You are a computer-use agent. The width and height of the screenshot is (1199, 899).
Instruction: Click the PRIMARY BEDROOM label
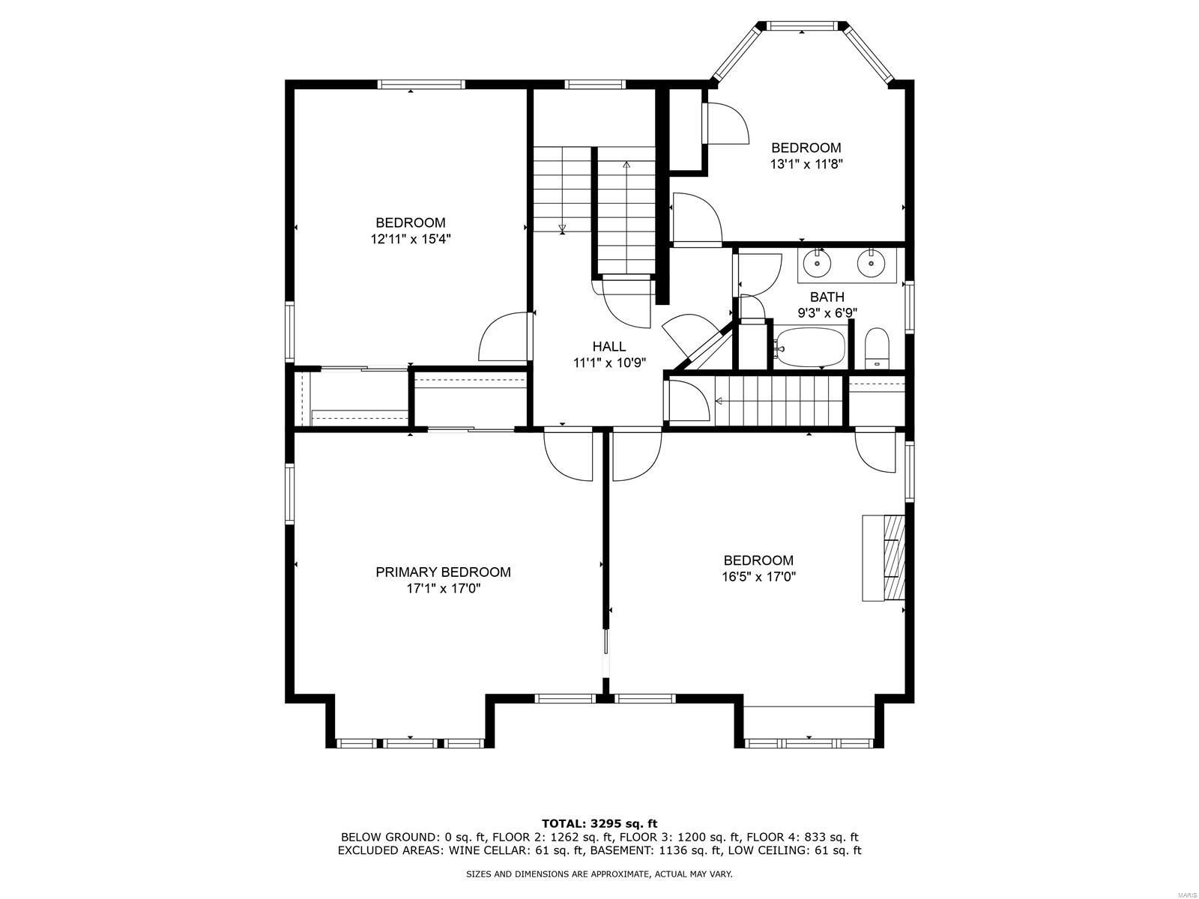[x=443, y=572]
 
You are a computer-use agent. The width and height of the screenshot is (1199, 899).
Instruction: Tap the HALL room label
[x=608, y=346]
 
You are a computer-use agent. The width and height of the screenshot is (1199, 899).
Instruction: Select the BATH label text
[x=827, y=297]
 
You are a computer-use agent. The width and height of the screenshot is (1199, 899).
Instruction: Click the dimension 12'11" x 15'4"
[x=410, y=239]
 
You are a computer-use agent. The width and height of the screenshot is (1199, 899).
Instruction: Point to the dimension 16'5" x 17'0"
[x=758, y=577]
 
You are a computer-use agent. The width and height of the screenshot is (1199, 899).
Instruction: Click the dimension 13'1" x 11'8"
[x=806, y=164]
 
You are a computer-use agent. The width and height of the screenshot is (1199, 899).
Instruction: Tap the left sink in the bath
[x=816, y=264]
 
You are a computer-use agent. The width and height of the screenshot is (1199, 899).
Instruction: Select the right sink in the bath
[x=871, y=264]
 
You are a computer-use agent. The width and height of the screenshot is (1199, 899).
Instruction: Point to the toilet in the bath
[x=877, y=348]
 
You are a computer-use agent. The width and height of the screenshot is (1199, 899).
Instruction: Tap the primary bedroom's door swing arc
[x=567, y=454]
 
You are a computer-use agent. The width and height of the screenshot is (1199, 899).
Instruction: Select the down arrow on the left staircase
[x=562, y=228]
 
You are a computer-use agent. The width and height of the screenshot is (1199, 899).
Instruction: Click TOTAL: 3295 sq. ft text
[x=599, y=823]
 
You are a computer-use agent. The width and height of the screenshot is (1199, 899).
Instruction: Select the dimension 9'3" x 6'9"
[x=827, y=313]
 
